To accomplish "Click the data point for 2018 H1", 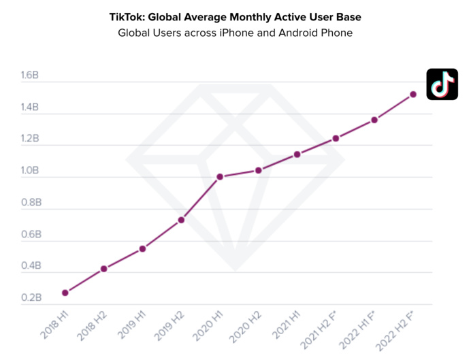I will coord(65,293).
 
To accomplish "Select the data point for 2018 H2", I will coord(103,269).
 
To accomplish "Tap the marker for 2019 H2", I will coord(181,220).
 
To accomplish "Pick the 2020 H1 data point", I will coord(220,177).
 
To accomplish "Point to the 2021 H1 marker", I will coord(297,154).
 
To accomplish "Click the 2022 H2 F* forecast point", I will coord(413,95).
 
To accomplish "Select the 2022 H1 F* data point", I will coord(374,120).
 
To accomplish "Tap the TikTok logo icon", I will coord(442,84).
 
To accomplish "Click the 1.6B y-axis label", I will coord(31,76).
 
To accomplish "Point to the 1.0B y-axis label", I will coord(31,171).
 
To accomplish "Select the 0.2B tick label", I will coord(31,298).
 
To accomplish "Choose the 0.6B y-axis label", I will coord(31,235).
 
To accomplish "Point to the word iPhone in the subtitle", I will coord(214,32).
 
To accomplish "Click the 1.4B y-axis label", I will coord(31,108).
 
